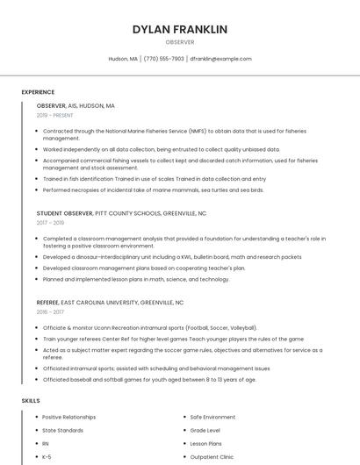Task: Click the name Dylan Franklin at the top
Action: [x=179, y=29]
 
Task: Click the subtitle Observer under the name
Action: [x=179, y=42]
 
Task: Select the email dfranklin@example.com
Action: [x=220, y=59]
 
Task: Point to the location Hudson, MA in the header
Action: [x=123, y=59]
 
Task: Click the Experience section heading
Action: [x=38, y=92]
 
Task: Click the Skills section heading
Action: [x=31, y=400]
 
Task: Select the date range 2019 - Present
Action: [x=55, y=115]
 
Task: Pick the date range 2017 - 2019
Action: [x=51, y=223]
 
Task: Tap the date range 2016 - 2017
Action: [x=51, y=311]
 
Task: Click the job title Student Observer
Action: [x=65, y=213]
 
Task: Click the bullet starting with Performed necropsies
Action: [x=153, y=190]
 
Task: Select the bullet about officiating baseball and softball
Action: [x=149, y=380]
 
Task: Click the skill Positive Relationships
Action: [x=69, y=417]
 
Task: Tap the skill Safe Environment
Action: [x=212, y=417]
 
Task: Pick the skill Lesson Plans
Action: [x=207, y=444]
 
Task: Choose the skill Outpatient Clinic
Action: [x=212, y=457]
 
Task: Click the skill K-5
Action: [x=47, y=457]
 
